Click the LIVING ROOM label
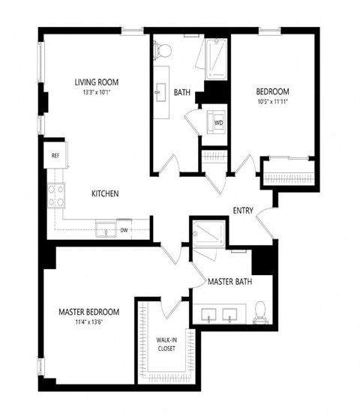coord(96,82)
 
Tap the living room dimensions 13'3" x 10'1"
coord(96,93)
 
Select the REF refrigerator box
coord(56,156)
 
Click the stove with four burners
coord(56,196)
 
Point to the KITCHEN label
coord(105,193)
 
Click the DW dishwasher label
coord(124,230)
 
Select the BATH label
coord(181,93)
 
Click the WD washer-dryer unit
coord(217,122)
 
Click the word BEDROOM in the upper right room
coord(272,91)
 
